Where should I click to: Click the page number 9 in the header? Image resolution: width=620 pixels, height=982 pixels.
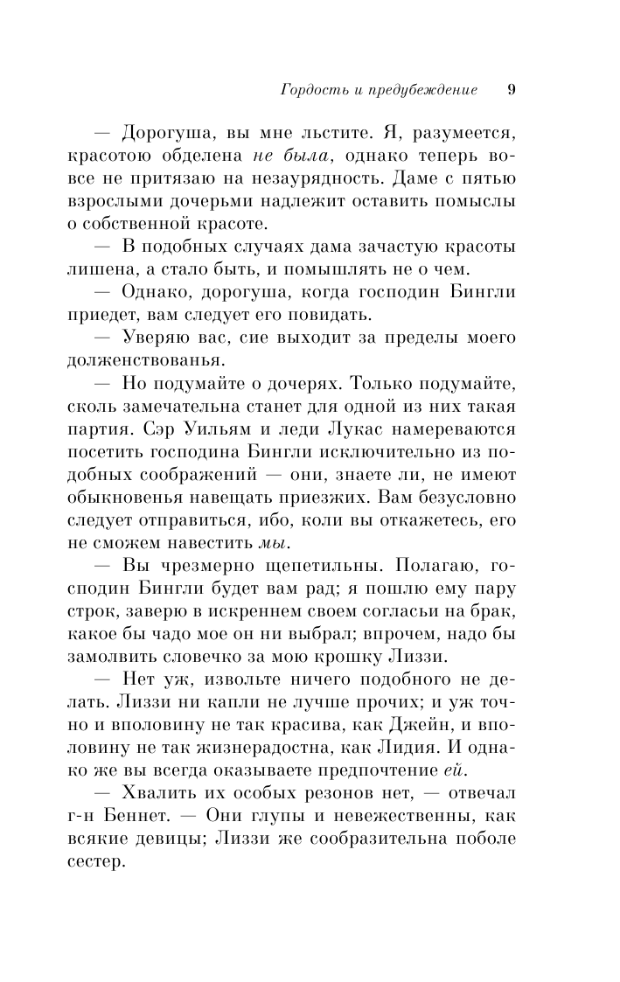tap(512, 90)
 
